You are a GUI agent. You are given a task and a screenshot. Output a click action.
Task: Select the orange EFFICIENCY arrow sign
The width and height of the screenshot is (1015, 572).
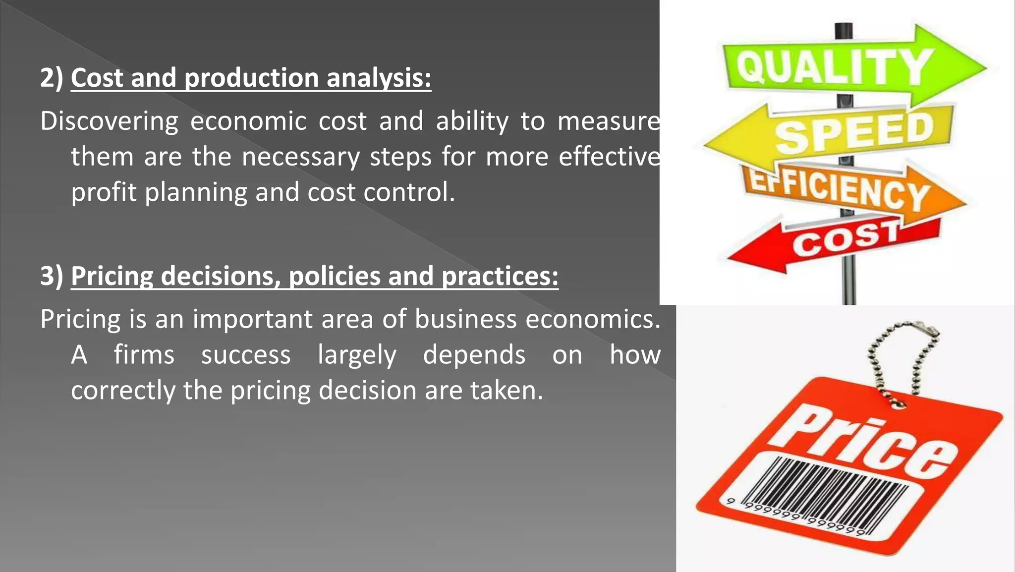843,191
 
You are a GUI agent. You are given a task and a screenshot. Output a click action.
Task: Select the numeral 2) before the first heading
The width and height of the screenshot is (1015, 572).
52,78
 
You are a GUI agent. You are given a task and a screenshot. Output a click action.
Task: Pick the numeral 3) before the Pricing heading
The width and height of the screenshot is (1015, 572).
52,276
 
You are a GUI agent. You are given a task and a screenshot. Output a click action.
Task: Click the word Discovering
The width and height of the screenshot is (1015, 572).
109,121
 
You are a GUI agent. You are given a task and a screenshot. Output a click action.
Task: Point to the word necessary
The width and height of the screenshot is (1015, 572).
300,157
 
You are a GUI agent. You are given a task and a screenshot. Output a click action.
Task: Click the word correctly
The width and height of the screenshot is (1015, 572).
123,391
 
